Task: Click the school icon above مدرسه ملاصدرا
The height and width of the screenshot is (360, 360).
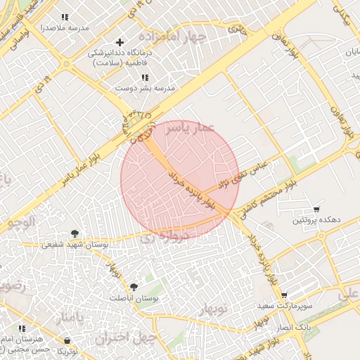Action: point(65,17)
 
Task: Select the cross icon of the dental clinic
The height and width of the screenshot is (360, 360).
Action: point(120,42)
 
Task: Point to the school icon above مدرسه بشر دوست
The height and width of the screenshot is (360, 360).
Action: point(145,77)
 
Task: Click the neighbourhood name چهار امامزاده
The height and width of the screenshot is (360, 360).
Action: point(173,35)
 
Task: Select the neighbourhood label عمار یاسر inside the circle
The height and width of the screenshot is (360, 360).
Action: point(182,127)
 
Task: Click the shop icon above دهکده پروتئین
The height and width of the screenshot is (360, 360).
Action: point(316,210)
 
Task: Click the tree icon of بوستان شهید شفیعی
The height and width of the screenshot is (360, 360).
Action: point(75,233)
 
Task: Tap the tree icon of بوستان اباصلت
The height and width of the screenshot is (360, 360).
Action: point(134,287)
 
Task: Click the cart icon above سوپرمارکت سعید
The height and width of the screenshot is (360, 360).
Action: point(284,296)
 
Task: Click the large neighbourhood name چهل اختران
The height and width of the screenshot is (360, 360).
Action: point(127,337)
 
